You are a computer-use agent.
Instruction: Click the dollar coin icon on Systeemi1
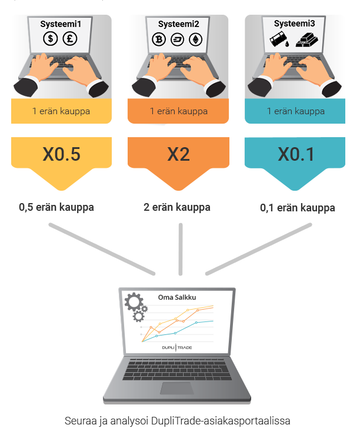click(x=50, y=38)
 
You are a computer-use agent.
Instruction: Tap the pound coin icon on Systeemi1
click(x=70, y=38)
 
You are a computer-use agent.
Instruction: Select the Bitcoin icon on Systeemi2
click(x=159, y=39)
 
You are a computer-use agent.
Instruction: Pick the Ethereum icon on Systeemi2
click(x=195, y=39)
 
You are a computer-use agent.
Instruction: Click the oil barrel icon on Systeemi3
click(x=279, y=39)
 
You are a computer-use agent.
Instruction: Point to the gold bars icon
click(x=307, y=39)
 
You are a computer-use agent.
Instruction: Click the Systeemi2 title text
click(x=179, y=24)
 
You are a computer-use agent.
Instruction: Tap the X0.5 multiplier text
click(x=61, y=154)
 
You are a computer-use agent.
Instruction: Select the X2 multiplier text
click(x=178, y=154)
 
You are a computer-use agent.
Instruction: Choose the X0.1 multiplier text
click(x=296, y=154)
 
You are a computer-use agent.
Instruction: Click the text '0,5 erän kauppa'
click(x=56, y=207)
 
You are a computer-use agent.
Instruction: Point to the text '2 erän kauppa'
click(x=177, y=207)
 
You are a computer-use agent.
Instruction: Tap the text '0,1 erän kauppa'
click(x=298, y=208)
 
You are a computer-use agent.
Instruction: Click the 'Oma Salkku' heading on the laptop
click(x=177, y=297)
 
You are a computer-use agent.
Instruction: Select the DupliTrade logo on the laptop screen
click(x=177, y=347)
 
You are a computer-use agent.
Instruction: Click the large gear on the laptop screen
click(x=134, y=301)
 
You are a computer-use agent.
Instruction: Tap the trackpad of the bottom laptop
click(x=177, y=388)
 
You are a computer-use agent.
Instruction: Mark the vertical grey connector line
click(x=181, y=249)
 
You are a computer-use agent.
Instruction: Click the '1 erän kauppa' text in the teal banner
click(x=296, y=111)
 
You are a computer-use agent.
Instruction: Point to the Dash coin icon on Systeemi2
click(x=177, y=39)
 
